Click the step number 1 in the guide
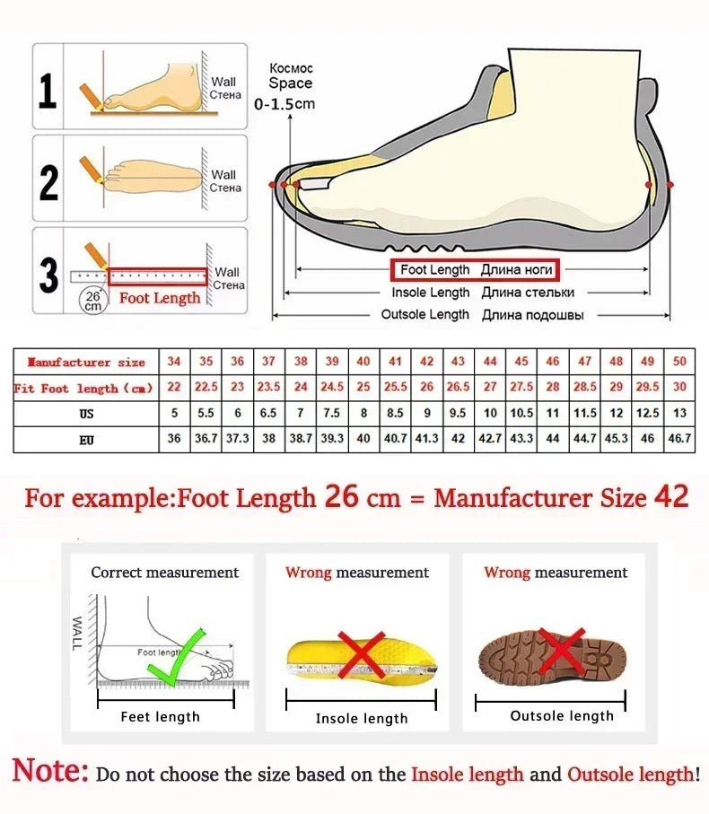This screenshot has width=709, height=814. click(x=48, y=92)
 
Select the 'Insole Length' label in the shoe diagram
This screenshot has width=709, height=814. click(x=430, y=293)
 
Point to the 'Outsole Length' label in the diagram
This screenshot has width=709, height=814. click(x=425, y=315)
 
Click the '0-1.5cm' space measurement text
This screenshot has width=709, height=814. click(x=284, y=104)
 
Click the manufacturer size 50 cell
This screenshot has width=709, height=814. click(x=679, y=362)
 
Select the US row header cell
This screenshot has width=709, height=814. click(x=86, y=415)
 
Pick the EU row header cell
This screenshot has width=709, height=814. click(x=86, y=440)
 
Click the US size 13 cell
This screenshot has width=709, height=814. click(x=679, y=414)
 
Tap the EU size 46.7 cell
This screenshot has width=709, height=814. click(x=679, y=440)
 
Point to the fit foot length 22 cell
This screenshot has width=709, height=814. click(x=174, y=388)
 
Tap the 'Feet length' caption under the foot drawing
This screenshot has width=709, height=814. click(x=160, y=716)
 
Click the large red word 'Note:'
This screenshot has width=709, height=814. click(x=50, y=771)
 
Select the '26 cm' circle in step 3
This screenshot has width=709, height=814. click(x=92, y=300)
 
